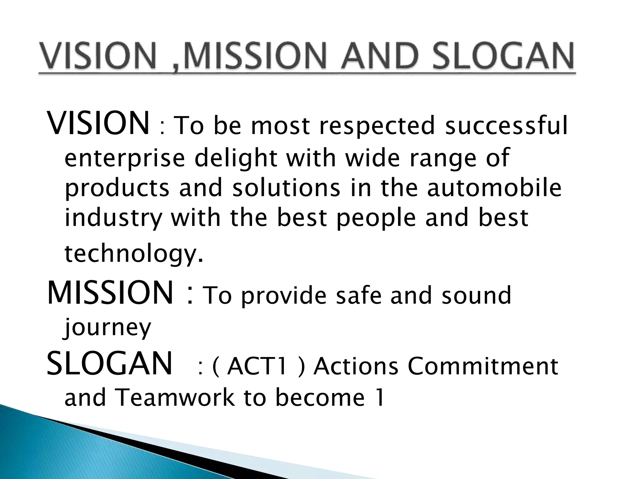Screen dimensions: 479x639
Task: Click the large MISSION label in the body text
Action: [110, 293]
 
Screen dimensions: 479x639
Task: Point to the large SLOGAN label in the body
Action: [109, 364]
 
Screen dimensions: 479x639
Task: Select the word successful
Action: [506, 125]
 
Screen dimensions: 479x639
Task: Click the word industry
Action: [114, 218]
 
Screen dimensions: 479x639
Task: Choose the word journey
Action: [108, 328]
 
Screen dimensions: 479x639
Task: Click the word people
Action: [376, 218]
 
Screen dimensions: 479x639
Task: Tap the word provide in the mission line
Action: [284, 296]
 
